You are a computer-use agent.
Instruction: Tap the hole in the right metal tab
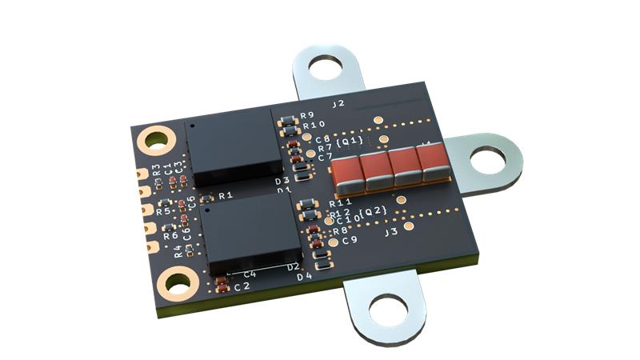pyautogui.click(x=486, y=162)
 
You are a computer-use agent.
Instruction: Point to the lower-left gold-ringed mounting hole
pyautogui.click(x=178, y=282)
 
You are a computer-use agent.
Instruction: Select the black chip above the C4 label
pyautogui.click(x=249, y=233)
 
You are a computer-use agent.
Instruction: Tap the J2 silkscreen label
pyautogui.click(x=338, y=104)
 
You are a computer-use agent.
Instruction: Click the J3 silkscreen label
pyautogui.click(x=391, y=233)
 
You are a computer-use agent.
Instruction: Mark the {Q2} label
pyautogui.click(x=373, y=211)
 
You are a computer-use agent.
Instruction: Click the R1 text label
pyautogui.click(x=226, y=195)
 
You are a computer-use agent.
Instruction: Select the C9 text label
pyautogui.click(x=350, y=240)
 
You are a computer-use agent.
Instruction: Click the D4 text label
pyautogui.click(x=304, y=277)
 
